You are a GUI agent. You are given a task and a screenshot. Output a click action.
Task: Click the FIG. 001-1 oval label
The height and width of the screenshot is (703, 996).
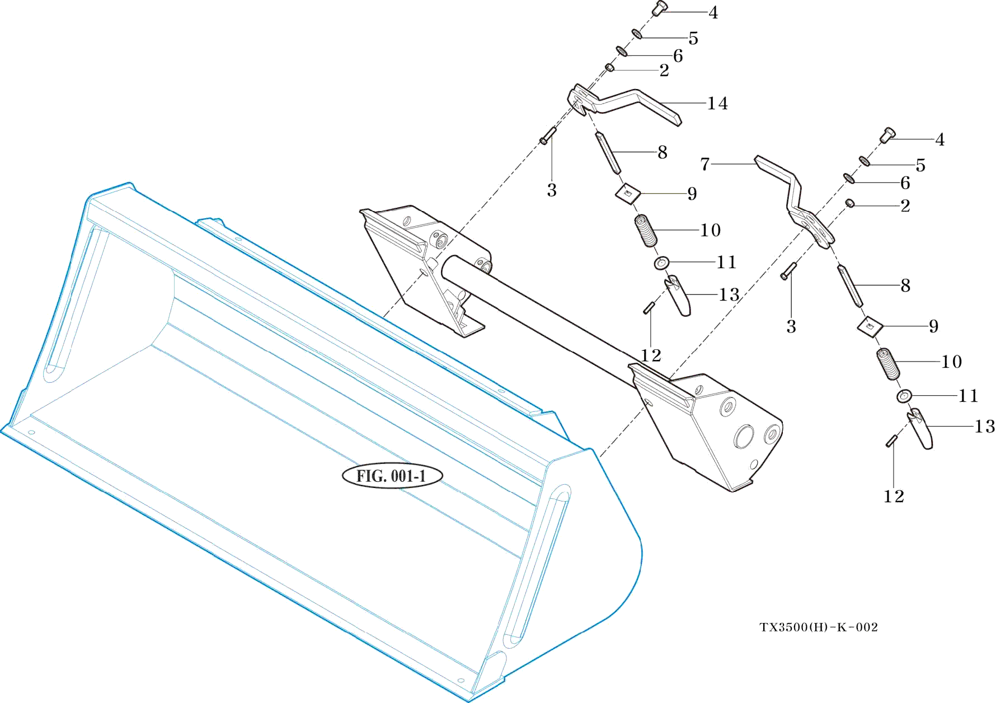pos(392,476)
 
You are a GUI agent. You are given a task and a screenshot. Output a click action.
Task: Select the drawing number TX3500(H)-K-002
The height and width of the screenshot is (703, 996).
pos(819,627)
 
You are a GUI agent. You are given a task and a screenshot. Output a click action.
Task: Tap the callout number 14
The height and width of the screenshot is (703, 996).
pos(717,104)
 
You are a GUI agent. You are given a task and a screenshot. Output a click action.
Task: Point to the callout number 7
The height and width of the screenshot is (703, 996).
pos(705,164)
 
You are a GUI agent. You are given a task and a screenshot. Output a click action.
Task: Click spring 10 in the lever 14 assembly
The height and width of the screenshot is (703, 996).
pos(646,231)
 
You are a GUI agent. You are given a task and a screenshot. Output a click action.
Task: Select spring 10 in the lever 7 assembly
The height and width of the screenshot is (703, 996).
pos(888,363)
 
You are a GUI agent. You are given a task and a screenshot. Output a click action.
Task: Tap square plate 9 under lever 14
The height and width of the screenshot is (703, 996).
pos(628,194)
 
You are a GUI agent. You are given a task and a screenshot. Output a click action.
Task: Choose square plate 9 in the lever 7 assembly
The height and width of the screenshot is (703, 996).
pos(870,326)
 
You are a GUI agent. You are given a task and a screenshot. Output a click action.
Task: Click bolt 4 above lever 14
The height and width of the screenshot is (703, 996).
pos(660,8)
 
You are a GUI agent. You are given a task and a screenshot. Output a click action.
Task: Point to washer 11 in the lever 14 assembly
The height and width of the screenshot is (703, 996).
pos(661,263)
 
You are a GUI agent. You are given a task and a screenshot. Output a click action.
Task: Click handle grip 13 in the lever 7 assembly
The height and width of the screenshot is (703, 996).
pos(921,429)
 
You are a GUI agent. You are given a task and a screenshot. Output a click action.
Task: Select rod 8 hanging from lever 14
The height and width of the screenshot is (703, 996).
pos(608,152)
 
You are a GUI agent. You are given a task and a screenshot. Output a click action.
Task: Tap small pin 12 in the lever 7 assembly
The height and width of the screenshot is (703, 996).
pos(892,441)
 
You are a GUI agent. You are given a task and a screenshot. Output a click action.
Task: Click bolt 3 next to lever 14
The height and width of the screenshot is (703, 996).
pos(547,136)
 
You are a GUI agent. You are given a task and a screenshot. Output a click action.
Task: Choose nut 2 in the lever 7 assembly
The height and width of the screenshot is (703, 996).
pos(850,203)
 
